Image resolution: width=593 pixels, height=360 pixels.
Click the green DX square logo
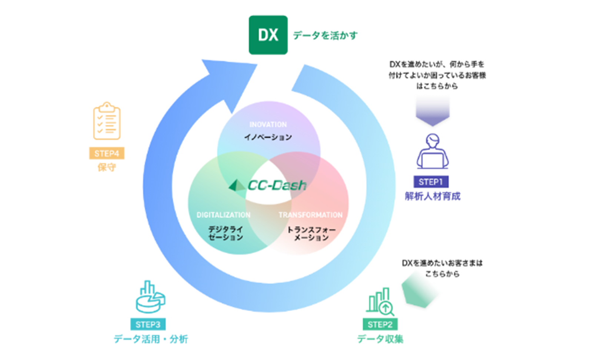(268, 35)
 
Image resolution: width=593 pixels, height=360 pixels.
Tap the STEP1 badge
(431, 182)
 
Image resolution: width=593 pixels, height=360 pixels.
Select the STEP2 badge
(380, 324)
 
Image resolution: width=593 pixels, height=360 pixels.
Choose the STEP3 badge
(148, 324)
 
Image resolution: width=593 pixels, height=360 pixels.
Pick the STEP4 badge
(107, 153)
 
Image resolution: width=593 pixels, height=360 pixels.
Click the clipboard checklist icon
(107, 121)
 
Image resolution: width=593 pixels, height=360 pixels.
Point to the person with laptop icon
(432, 151)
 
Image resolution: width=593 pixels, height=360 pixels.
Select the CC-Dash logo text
(277, 185)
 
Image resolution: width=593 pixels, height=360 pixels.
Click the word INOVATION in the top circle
(268, 125)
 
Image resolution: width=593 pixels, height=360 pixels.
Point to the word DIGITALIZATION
(223, 215)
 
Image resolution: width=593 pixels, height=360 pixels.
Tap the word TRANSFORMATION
(310, 215)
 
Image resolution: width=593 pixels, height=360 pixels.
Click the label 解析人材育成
(432, 196)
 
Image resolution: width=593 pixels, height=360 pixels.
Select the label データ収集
(380, 339)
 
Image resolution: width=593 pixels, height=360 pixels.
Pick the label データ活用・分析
(151, 339)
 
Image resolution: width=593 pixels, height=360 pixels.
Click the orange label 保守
(107, 167)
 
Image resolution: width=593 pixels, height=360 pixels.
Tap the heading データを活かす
(325, 36)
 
